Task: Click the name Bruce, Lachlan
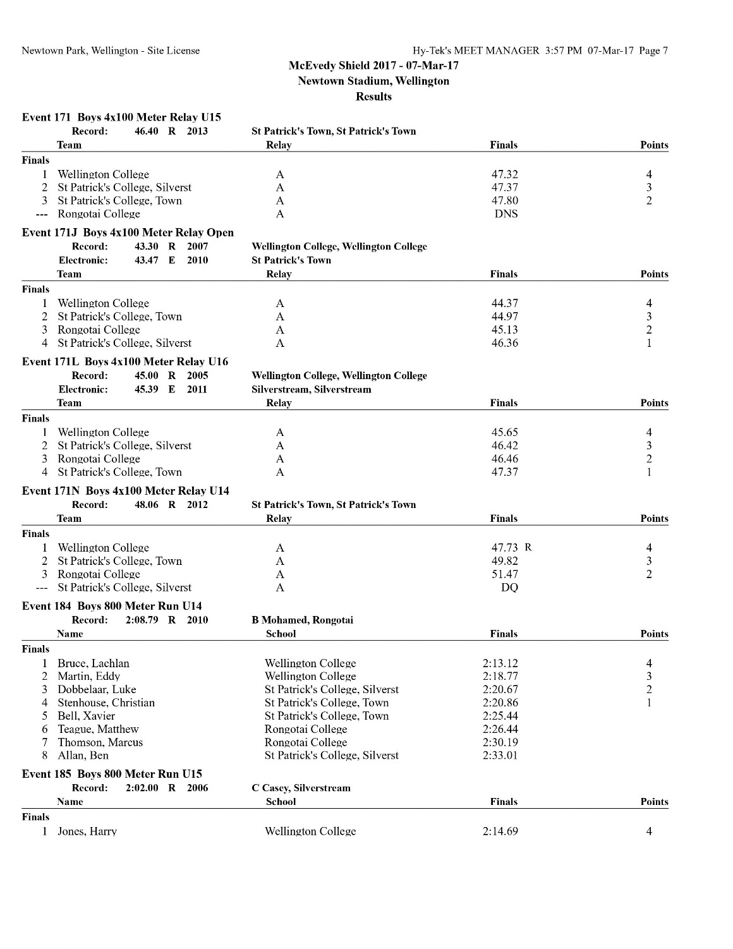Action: tap(94, 663)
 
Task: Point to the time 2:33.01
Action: tap(500, 755)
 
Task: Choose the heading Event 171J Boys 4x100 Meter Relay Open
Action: tap(128, 233)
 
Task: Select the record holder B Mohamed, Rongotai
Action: tap(302, 620)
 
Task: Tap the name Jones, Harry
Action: tap(87, 831)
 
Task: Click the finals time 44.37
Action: tap(504, 303)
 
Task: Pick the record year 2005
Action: tap(197, 375)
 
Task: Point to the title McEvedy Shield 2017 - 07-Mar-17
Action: tap(373, 66)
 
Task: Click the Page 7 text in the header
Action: tap(653, 51)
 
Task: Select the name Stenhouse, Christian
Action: tap(106, 703)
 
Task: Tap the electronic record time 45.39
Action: tap(147, 389)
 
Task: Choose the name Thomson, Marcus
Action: tap(100, 742)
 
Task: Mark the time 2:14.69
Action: tap(500, 831)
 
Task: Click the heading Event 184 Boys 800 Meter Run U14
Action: tap(112, 606)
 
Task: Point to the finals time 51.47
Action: tap(504, 574)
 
